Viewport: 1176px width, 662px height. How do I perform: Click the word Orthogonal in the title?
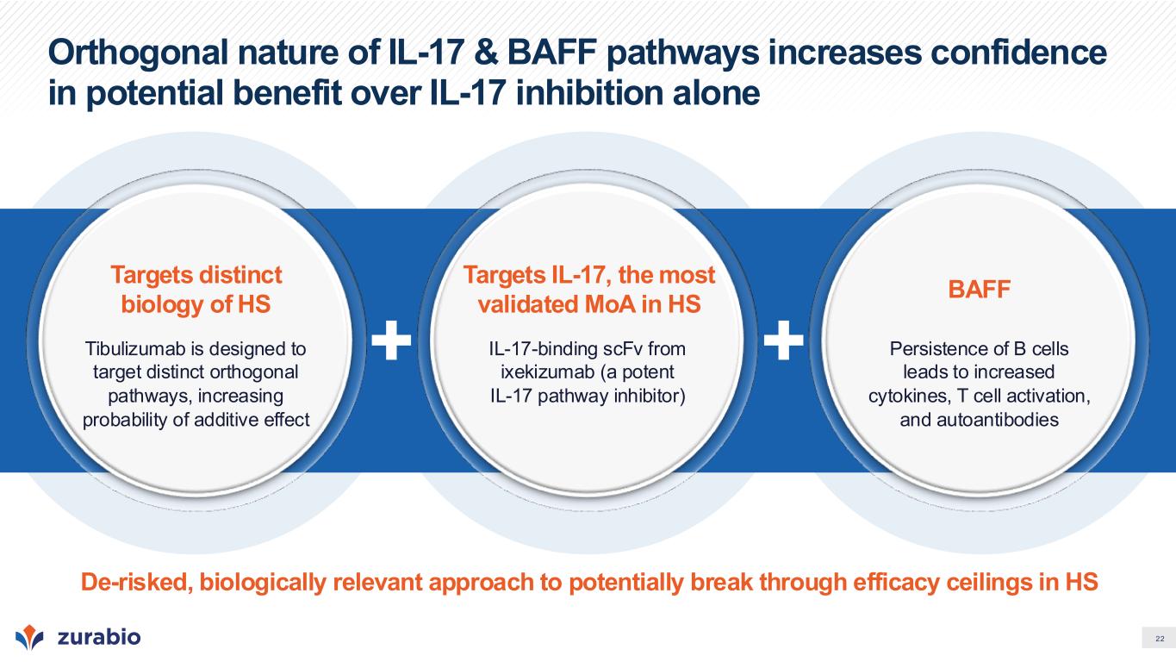point(139,54)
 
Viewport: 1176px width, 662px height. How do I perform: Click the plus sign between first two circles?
point(391,340)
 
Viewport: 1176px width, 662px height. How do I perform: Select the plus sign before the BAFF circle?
point(783,340)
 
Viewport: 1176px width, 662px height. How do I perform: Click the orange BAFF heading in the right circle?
point(979,289)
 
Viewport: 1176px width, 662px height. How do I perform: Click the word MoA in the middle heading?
point(604,304)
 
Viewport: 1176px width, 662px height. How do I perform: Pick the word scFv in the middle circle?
point(623,348)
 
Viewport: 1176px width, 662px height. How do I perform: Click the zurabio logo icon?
point(29,637)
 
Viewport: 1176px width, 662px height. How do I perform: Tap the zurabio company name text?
point(99,637)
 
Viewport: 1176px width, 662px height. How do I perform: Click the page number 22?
point(1160,639)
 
